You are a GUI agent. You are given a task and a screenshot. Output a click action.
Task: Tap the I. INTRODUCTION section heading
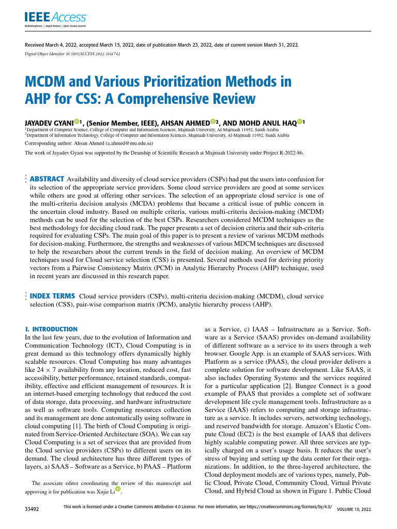click(52, 329)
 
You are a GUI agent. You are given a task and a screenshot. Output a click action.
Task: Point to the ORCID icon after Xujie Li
click(117, 489)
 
